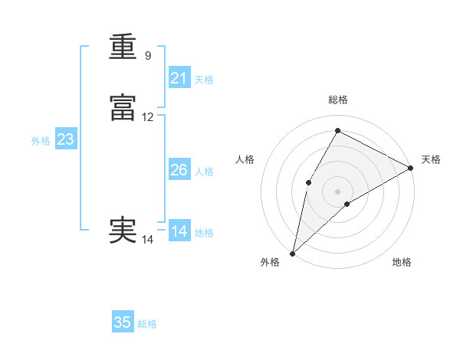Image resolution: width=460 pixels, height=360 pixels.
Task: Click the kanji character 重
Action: click(123, 47)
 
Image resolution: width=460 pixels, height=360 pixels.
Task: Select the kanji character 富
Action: click(123, 109)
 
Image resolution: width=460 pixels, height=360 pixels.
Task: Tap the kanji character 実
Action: click(123, 231)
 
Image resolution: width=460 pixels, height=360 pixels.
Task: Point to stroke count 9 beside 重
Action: click(147, 56)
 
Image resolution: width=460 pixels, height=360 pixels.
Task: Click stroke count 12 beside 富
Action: click(148, 117)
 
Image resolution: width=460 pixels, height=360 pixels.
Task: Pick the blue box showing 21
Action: click(179, 78)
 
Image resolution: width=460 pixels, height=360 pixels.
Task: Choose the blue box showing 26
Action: click(179, 170)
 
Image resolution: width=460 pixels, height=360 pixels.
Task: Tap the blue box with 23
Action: click(65, 139)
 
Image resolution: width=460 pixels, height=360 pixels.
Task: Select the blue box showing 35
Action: click(123, 322)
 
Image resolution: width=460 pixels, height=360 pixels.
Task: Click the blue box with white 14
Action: click(179, 231)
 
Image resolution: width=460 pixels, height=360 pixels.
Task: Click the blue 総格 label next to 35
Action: click(147, 324)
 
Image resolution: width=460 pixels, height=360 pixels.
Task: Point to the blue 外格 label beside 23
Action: click(41, 141)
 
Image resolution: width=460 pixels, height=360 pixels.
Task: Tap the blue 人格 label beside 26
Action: click(205, 172)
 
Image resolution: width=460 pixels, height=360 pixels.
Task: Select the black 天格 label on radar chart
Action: click(431, 159)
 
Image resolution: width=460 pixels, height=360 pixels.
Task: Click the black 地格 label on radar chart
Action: click(402, 263)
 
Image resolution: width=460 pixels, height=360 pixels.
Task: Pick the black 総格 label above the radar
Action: click(338, 100)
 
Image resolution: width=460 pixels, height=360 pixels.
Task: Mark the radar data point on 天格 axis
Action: click(411, 168)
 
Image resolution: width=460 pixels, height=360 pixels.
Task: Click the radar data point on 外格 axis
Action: click(292, 253)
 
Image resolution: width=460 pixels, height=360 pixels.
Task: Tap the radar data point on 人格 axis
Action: click(308, 182)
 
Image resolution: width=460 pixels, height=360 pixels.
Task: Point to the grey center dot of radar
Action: click(337, 191)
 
